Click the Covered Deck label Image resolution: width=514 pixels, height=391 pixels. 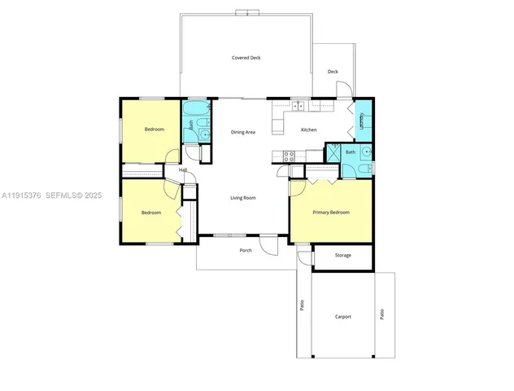pyautogui.click(x=246, y=58)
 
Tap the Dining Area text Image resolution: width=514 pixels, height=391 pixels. pyautogui.click(x=243, y=132)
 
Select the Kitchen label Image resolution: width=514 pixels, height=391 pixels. pyautogui.click(x=309, y=130)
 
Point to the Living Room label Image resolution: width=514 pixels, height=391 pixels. pyautogui.click(x=243, y=197)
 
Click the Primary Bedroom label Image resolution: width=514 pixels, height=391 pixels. pyautogui.click(x=331, y=212)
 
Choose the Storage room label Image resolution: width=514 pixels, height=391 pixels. pyautogui.click(x=343, y=255)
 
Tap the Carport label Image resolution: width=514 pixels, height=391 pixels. pyautogui.click(x=342, y=316)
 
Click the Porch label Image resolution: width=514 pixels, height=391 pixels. pyautogui.click(x=246, y=250)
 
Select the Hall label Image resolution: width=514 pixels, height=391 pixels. pyautogui.click(x=183, y=169)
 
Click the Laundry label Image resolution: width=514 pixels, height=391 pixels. pyautogui.click(x=361, y=121)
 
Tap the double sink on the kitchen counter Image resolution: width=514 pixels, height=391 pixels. pyautogui.click(x=298, y=105)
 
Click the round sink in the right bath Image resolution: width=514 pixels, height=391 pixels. pyautogui.click(x=368, y=152)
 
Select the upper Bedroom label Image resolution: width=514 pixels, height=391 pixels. pyautogui.click(x=155, y=130)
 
